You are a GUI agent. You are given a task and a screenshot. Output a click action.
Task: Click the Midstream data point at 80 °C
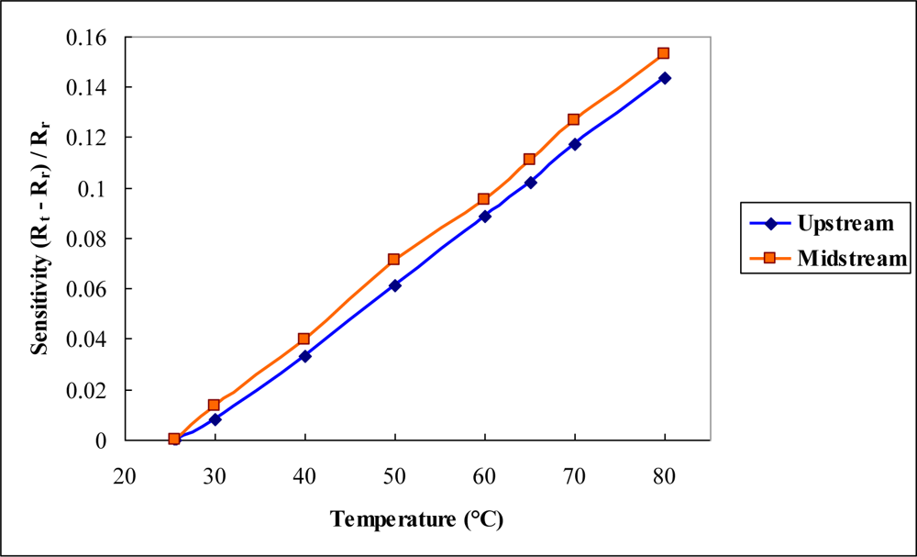tap(663, 53)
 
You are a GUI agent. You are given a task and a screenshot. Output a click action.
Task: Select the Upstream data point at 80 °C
tap(665, 78)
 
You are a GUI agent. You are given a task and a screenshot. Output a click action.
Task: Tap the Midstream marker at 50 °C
tap(394, 260)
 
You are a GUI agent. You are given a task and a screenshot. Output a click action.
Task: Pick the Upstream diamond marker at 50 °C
tap(395, 285)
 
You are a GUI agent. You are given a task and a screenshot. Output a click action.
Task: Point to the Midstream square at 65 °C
tap(529, 160)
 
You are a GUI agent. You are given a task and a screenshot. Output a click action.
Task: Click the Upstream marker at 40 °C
tap(304, 356)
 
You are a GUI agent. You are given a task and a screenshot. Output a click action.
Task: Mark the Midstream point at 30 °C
tap(214, 405)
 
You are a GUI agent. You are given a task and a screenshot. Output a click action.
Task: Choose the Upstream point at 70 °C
tap(575, 144)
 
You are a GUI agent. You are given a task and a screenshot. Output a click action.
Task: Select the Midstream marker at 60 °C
tap(484, 199)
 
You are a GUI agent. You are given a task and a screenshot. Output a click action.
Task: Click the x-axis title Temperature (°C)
tap(417, 519)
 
